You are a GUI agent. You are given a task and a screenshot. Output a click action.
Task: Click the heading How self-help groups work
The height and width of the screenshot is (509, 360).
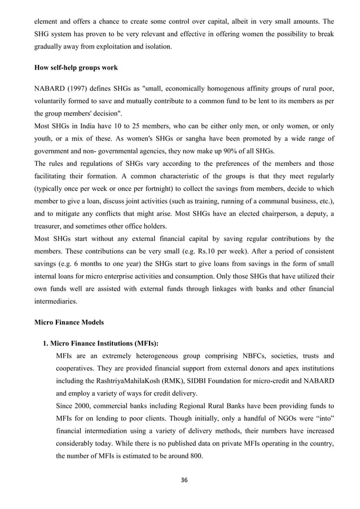click(76, 68)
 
